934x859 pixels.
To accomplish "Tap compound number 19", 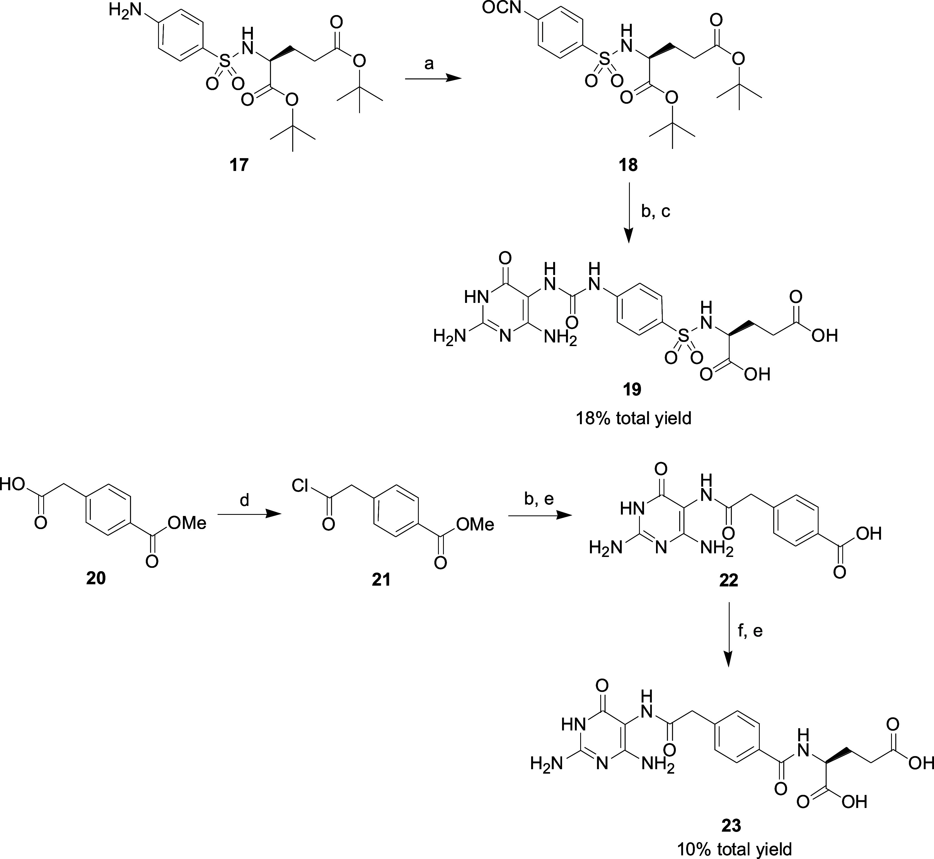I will coord(632,390).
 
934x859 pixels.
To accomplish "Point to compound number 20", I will coord(96,578).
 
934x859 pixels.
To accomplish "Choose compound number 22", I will coord(728,580).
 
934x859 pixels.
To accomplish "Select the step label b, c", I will coord(656,211).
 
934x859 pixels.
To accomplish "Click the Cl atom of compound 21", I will coord(301,487).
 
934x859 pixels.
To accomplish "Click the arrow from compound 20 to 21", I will coord(249,515).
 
